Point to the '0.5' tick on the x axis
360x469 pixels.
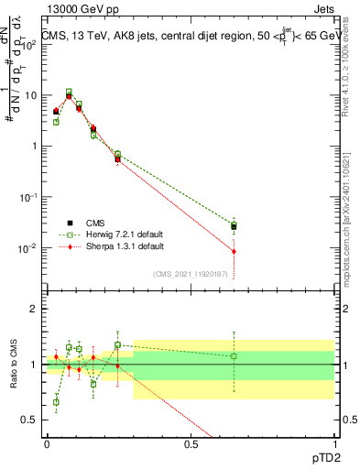191,443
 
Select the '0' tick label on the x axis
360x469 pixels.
47,443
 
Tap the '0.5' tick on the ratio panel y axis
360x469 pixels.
28,420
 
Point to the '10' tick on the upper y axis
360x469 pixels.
27,95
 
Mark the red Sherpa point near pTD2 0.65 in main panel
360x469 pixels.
234,251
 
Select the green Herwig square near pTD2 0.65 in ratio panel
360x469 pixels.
234,355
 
